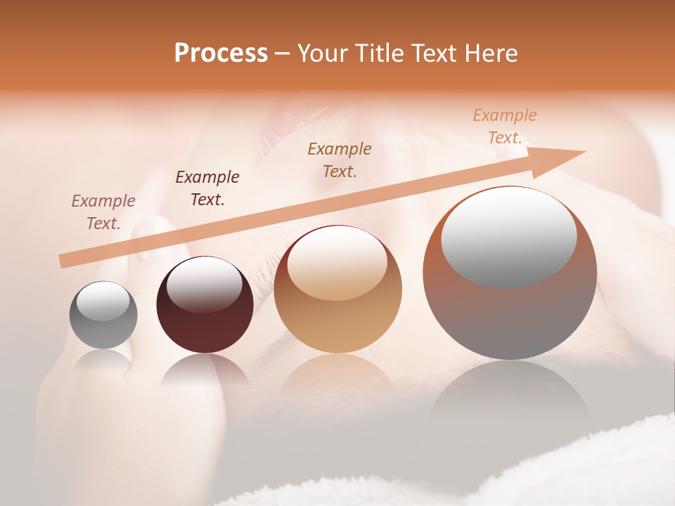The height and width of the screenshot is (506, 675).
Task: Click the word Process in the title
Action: point(221,53)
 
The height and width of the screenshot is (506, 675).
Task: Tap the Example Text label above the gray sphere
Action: point(103,212)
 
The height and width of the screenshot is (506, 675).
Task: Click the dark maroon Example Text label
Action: point(207,188)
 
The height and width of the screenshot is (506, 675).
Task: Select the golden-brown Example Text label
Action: point(340,160)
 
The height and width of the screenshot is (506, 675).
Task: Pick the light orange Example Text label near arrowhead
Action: point(505,126)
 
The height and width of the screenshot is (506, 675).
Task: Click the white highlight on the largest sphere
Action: point(508,237)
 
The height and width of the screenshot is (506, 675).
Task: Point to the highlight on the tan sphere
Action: point(337,264)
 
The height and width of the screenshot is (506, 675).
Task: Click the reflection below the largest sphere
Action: point(510,394)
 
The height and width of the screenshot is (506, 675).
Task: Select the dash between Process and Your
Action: point(282,53)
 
